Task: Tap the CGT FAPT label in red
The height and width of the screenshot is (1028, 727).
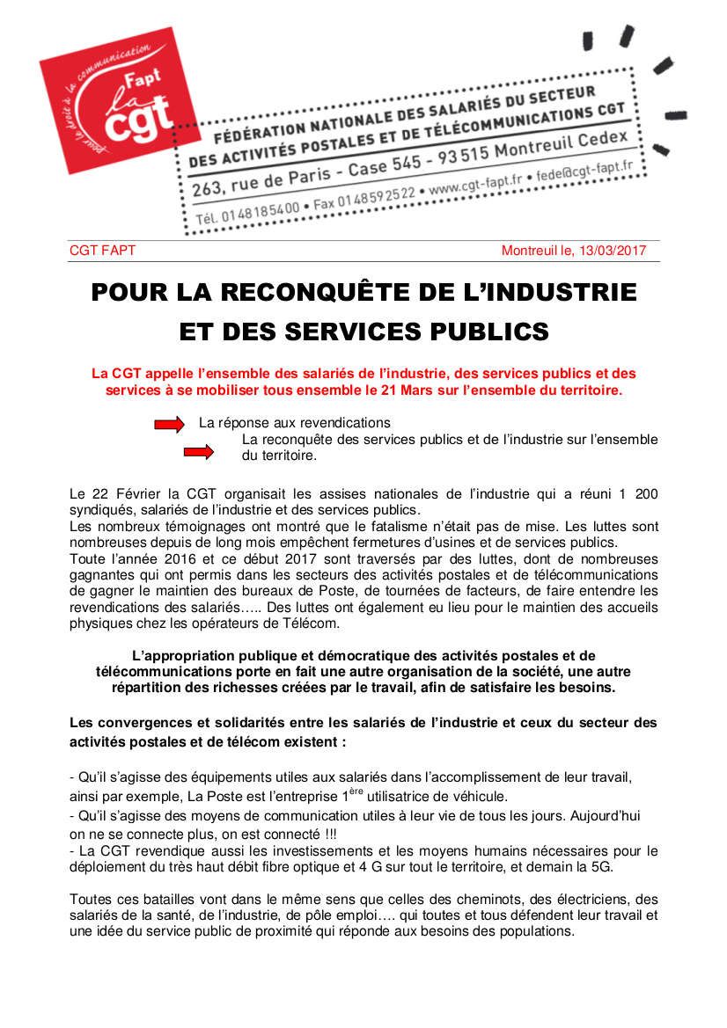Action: tap(102, 251)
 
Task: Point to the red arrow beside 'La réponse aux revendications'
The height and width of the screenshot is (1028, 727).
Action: tap(169, 424)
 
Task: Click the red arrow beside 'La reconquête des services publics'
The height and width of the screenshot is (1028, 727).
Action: tap(198, 452)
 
